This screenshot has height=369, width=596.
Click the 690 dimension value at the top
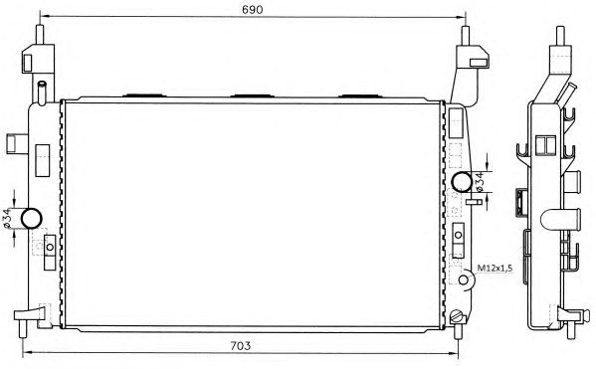pos(253,10)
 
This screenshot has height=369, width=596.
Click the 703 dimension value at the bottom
pos(240,346)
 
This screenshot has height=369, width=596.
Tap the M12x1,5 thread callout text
pos(495,269)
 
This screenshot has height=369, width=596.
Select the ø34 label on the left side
pos(7,219)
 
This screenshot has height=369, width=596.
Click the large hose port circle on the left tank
pos(31,218)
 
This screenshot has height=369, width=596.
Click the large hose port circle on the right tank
pos(462,182)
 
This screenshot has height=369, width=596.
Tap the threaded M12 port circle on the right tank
pos(463,280)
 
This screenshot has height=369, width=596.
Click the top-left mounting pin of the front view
pos(40,35)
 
